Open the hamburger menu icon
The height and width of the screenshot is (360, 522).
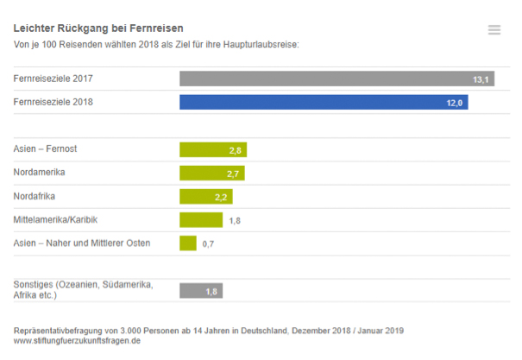pos(494,30)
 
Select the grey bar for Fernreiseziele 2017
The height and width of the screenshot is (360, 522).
pos(336,79)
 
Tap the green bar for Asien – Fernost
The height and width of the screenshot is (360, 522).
pos(212,150)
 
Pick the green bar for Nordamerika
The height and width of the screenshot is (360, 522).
pos(211,174)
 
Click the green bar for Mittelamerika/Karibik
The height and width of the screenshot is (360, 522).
pos(200,220)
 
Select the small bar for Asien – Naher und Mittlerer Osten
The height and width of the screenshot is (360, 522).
pos(187,243)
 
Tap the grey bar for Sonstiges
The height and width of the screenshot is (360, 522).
pos(200,291)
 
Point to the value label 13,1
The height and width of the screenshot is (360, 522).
pos(481,79)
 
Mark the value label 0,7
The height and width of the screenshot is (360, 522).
pos(208,244)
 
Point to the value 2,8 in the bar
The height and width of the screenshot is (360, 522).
pos(235,150)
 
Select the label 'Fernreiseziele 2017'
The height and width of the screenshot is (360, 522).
pos(53,79)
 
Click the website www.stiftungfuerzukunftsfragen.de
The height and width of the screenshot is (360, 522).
pos(77,341)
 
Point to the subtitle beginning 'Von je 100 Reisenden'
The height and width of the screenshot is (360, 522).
pos(155,45)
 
